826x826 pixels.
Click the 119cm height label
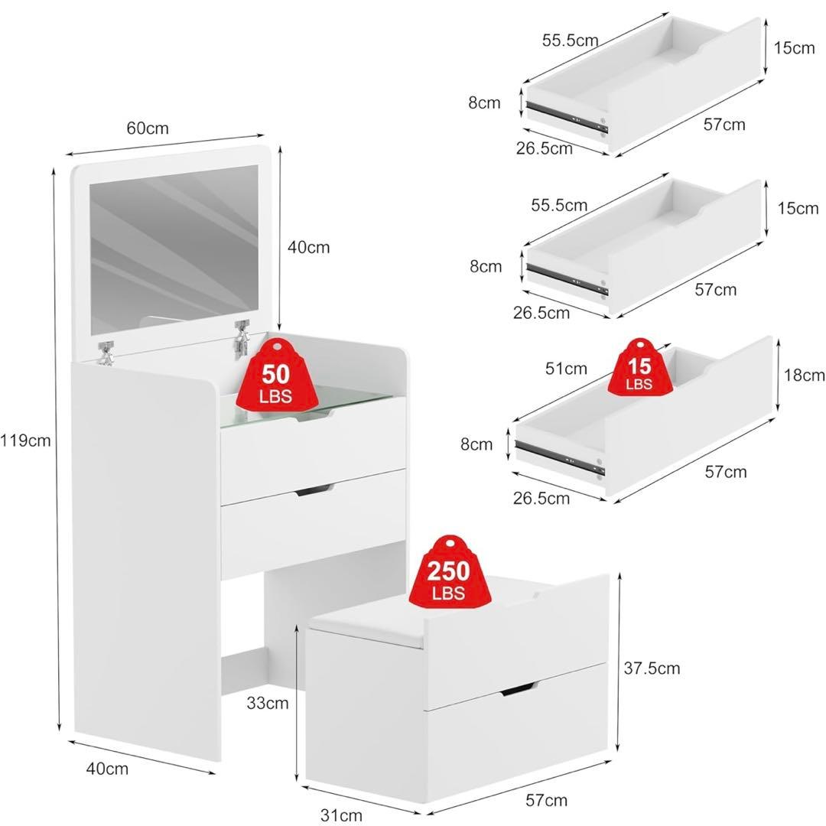[x=25, y=440]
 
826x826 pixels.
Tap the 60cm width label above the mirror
[x=148, y=128]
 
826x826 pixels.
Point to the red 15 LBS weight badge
[x=639, y=367]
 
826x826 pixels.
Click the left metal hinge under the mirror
[x=106, y=352]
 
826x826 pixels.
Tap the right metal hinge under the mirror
[x=242, y=337]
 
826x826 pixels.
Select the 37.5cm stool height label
[x=652, y=668]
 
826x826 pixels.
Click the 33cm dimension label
[x=268, y=703]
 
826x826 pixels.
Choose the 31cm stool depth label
[x=341, y=815]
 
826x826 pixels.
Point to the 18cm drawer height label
[x=804, y=375]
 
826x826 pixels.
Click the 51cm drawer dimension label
[x=566, y=368]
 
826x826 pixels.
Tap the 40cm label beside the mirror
[x=309, y=247]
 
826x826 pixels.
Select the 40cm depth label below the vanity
[x=107, y=769]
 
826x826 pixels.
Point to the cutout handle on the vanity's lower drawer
[x=314, y=490]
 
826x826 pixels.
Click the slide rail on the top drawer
[x=567, y=115]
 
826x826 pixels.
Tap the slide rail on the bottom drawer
[x=560, y=456]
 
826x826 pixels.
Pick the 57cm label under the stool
[x=546, y=800]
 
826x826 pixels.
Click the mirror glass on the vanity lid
[x=174, y=250]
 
